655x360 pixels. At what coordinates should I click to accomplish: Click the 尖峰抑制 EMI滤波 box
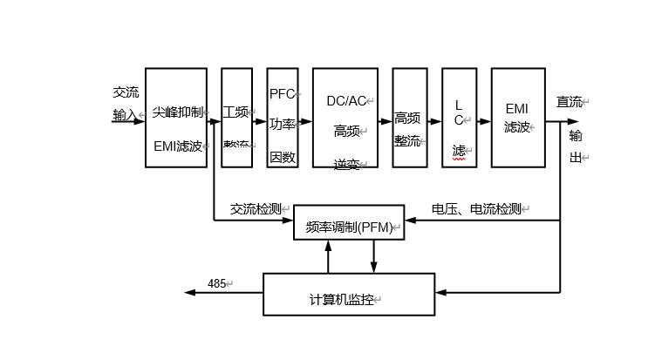click(176, 117)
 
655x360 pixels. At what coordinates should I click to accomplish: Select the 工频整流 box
click(236, 117)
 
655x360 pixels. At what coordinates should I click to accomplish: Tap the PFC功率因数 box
click(283, 117)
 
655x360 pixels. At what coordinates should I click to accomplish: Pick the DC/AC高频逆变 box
click(345, 117)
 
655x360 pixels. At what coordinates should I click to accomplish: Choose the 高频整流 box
click(410, 117)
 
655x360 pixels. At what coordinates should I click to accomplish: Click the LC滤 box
click(460, 117)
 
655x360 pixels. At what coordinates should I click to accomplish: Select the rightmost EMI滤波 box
click(518, 117)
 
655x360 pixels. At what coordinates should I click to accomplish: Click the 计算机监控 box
click(349, 295)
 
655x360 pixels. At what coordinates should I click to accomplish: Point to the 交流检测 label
click(256, 209)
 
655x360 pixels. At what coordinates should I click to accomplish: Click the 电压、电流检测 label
click(477, 209)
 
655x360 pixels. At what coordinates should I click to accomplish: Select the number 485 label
click(217, 284)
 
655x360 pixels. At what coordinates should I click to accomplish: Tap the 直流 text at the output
click(570, 102)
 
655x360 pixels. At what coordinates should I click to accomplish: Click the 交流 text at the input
click(126, 92)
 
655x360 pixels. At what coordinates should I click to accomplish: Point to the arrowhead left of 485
click(191, 293)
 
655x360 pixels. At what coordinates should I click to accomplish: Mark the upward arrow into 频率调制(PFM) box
click(329, 247)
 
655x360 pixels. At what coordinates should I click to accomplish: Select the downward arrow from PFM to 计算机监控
click(374, 268)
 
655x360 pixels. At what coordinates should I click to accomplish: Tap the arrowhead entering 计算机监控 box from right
click(440, 292)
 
